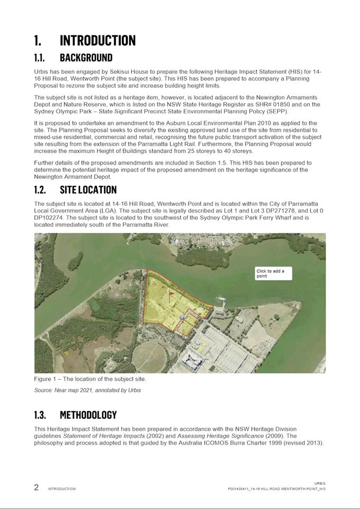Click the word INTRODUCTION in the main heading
point(98,41)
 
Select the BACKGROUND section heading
point(86,57)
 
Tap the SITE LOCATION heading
point(88,189)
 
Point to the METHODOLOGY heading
point(88,415)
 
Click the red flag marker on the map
point(170,292)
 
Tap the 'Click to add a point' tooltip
point(273,273)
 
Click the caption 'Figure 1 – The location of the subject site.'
point(90,379)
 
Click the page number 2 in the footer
point(36,487)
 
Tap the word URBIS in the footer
point(320,483)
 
